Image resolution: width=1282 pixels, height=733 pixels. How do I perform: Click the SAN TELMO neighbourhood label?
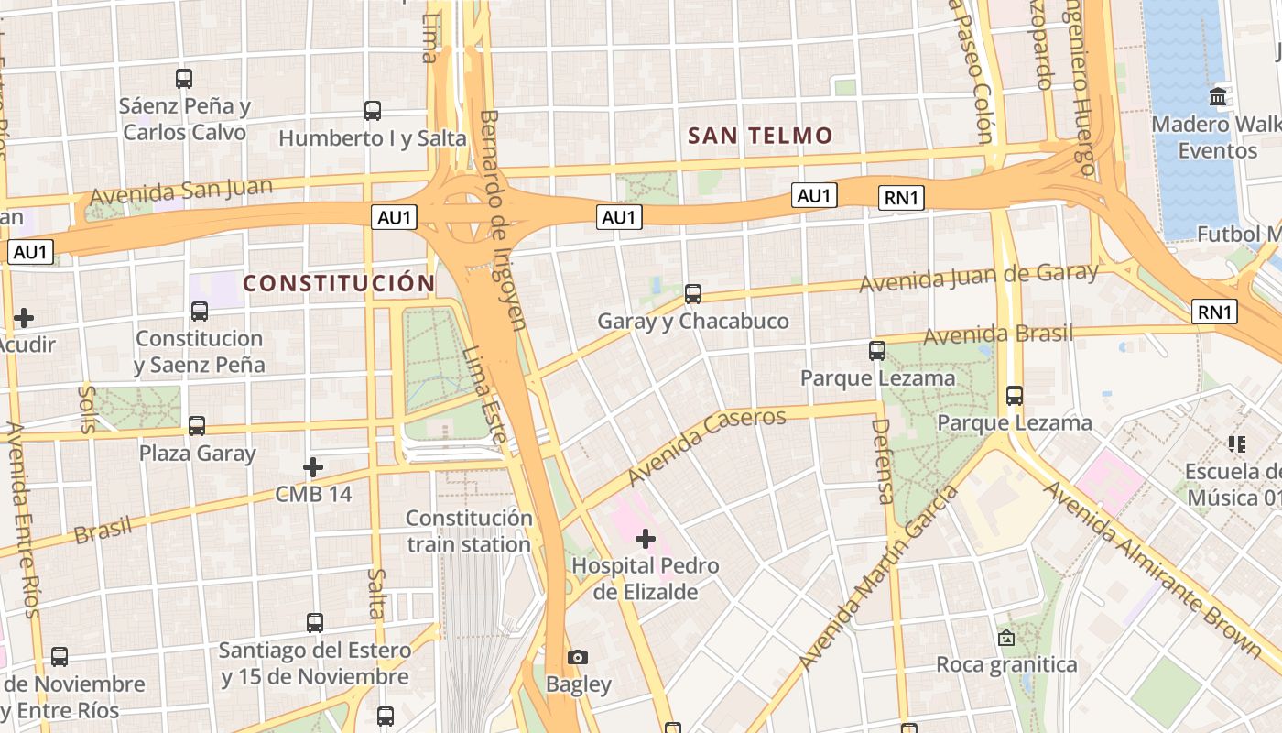(760, 137)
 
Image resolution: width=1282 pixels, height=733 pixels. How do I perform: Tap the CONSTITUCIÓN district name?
(339, 283)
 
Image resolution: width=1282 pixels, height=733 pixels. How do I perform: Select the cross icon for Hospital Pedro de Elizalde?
(646, 538)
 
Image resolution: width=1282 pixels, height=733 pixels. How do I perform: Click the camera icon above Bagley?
(578, 657)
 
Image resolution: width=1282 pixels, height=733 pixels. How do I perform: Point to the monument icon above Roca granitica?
(1006, 637)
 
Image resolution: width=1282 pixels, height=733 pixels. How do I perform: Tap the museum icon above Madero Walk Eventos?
(1218, 96)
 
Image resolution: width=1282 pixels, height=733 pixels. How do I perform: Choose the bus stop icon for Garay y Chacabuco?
(693, 294)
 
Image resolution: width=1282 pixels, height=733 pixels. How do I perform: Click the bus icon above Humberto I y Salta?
(373, 111)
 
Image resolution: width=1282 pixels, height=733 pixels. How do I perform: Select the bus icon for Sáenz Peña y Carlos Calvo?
(184, 79)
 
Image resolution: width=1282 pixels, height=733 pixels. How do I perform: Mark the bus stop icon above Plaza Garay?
(197, 426)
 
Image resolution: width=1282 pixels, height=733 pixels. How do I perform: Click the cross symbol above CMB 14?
(313, 467)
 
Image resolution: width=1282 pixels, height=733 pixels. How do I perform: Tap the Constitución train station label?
(469, 531)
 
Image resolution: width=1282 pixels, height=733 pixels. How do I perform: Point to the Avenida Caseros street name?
(707, 445)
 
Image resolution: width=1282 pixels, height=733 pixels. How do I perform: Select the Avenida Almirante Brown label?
(1153, 568)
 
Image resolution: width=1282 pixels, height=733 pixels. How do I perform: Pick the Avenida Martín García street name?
(879, 577)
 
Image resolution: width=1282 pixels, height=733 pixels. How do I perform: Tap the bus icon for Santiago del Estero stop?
(315, 623)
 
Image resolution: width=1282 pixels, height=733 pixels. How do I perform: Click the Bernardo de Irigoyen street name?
(504, 220)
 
